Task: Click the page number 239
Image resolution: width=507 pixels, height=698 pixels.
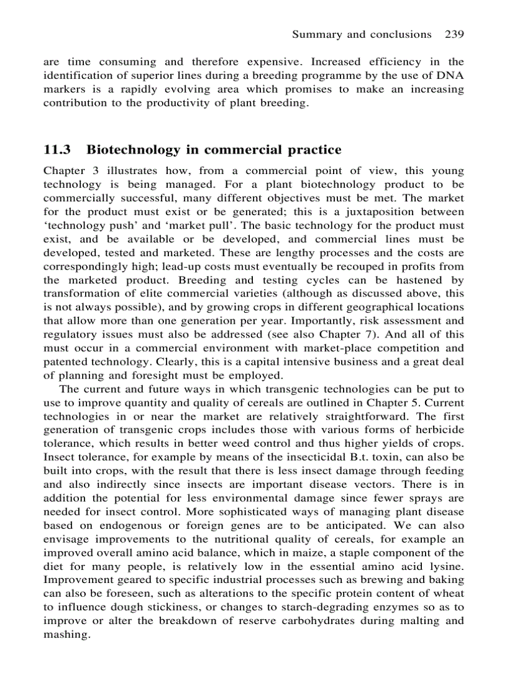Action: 455,34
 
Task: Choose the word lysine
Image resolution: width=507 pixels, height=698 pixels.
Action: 446,567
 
